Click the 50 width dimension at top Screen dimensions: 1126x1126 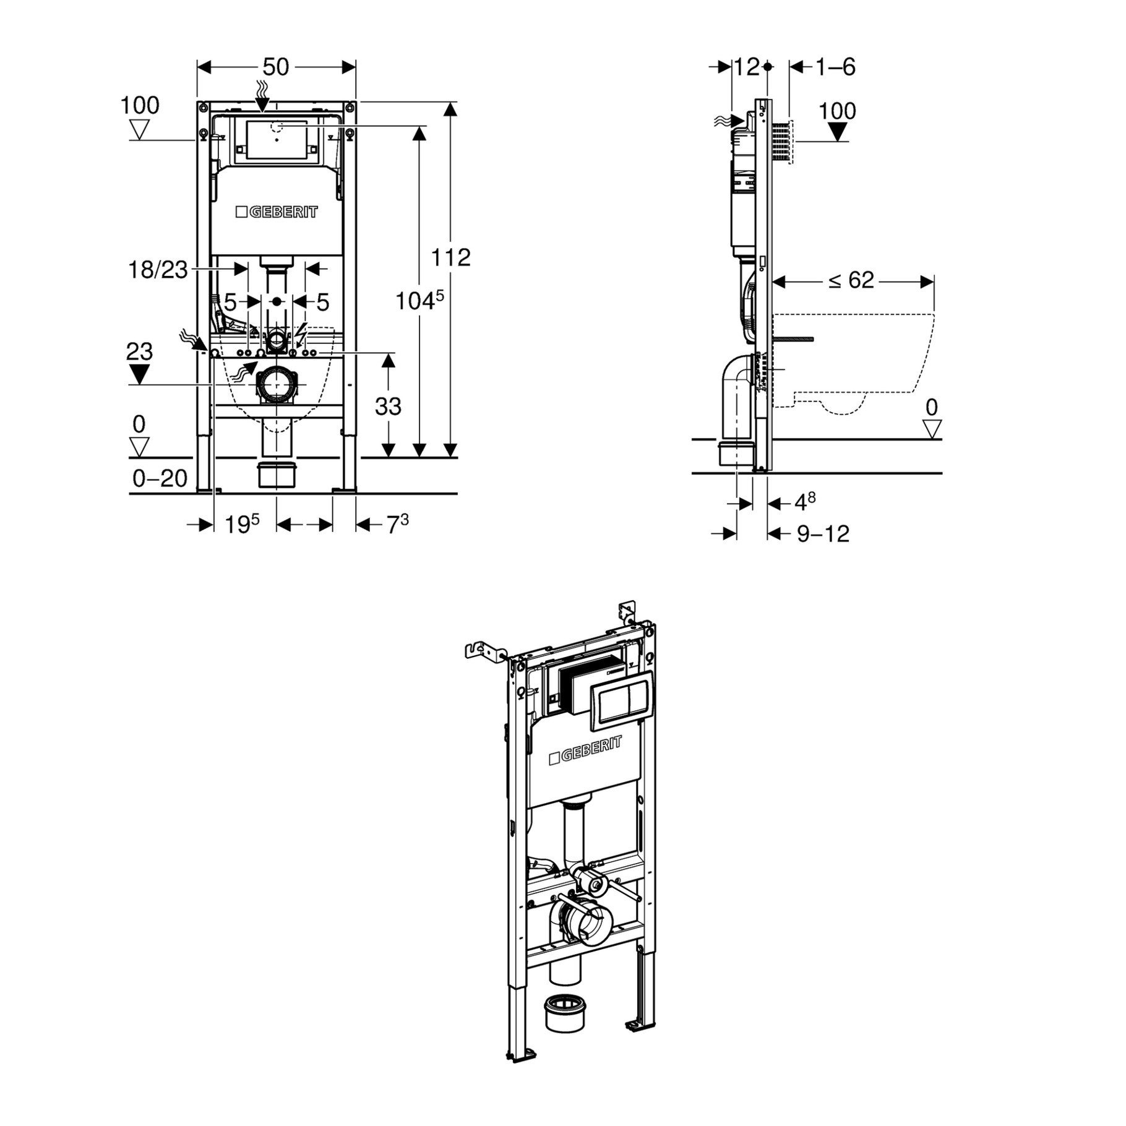pos(276,67)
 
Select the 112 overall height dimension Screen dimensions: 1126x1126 pos(451,257)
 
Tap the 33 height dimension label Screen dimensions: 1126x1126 pos(389,406)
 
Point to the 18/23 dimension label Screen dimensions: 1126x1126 pos(158,270)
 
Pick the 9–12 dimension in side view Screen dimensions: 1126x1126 pos(823,533)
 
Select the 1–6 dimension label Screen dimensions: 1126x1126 pos(835,67)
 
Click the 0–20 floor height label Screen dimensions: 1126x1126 pos(160,478)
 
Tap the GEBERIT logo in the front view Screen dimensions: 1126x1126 pos(277,212)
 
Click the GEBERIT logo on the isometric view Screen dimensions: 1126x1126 pos(585,750)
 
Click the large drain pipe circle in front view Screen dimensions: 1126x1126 pos(277,385)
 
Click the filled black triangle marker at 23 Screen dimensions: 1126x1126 pos(140,374)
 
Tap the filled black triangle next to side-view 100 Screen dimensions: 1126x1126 pos(838,132)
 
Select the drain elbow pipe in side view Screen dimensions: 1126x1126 pos(735,396)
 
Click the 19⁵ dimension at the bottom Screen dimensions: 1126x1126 pos(241,525)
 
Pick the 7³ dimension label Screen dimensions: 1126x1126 pos(398,525)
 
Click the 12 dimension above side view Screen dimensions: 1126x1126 pos(747,67)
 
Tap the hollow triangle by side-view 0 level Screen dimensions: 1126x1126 pos(932,429)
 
